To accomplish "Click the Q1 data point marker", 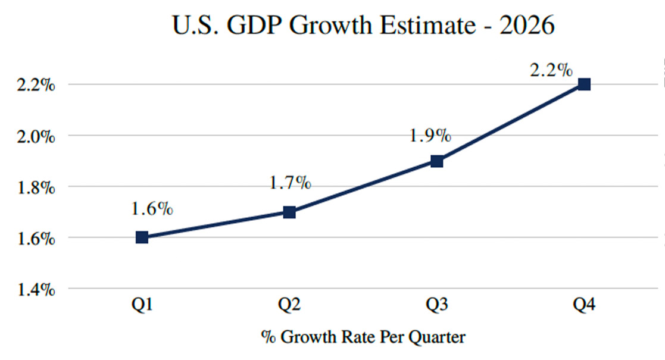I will click(142, 237).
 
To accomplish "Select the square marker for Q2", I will click(289, 212).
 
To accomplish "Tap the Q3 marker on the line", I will click(437, 161).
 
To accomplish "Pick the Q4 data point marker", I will click(584, 84).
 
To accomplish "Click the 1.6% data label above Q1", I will click(153, 209).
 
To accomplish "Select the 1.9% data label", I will click(430, 136).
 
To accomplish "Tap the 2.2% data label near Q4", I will click(551, 70).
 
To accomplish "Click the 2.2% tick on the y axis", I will click(36, 85).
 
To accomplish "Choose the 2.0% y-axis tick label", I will click(36, 136).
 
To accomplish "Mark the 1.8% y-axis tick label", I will click(36, 187).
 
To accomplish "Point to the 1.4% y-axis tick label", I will click(36, 290).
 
